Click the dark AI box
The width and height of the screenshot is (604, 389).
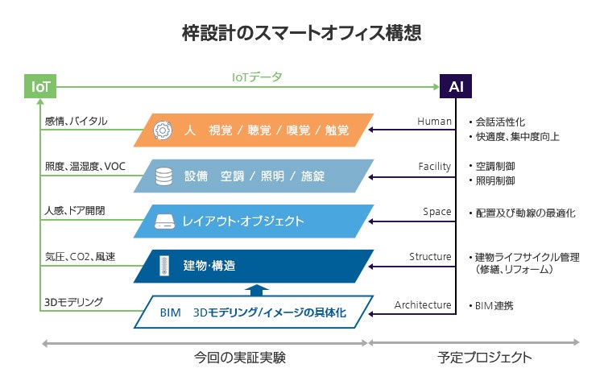point(456,86)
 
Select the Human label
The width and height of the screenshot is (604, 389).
point(434,122)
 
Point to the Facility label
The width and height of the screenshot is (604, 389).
point(434,167)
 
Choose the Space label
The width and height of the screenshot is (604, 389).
point(436,212)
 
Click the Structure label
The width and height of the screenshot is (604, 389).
point(430,257)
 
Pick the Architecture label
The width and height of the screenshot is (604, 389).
point(423,305)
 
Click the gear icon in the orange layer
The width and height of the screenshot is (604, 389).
point(162,130)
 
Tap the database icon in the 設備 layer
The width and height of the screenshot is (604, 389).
point(163,175)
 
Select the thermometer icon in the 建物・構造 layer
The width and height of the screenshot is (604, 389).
point(163,265)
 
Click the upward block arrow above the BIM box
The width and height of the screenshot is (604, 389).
point(254,289)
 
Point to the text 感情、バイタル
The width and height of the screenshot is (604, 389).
point(77,122)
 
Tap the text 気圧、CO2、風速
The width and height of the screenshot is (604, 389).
point(80,257)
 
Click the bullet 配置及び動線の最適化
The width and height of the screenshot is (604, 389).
point(524,213)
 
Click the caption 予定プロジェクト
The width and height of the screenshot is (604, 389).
point(485,357)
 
